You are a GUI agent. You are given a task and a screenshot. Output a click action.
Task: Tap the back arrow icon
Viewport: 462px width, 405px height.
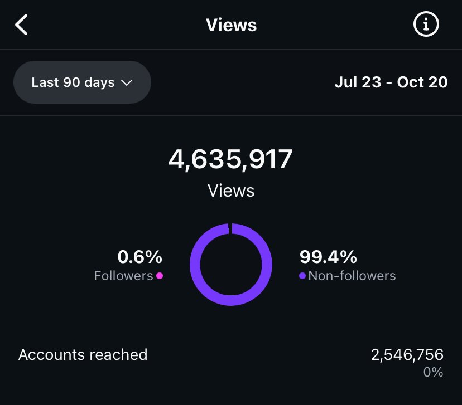pyautogui.click(x=21, y=25)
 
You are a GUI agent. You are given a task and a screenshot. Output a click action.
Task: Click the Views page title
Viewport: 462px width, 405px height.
pyautogui.click(x=231, y=25)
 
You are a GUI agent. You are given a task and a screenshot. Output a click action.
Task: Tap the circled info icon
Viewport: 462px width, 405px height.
pyautogui.click(x=426, y=25)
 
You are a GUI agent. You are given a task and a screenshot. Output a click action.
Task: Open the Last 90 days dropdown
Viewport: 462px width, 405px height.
pyautogui.click(x=81, y=82)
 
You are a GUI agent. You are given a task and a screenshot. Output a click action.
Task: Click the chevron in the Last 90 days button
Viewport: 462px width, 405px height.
pyautogui.click(x=127, y=83)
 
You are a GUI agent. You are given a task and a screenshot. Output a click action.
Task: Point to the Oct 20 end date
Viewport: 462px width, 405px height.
pyautogui.click(x=422, y=82)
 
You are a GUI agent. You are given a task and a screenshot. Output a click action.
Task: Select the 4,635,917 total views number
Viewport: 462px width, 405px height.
pyautogui.click(x=230, y=160)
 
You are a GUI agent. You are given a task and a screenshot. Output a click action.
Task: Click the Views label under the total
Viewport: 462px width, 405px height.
pyautogui.click(x=231, y=191)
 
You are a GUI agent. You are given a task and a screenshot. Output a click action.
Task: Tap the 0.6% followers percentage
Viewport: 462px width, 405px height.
pyautogui.click(x=139, y=257)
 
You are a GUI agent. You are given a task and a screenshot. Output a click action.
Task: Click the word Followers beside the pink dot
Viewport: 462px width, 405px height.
pyautogui.click(x=123, y=276)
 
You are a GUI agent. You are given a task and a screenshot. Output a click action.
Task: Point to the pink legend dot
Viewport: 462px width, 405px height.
pyautogui.click(x=160, y=276)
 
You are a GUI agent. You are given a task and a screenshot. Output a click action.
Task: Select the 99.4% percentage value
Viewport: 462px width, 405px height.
pyautogui.click(x=328, y=257)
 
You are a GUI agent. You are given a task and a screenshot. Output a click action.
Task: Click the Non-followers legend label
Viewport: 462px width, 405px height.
pyautogui.click(x=352, y=276)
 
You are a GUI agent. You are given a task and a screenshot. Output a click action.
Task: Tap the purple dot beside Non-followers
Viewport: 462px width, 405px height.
pyautogui.click(x=302, y=276)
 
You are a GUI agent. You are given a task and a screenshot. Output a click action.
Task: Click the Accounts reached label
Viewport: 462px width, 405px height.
pyautogui.click(x=83, y=355)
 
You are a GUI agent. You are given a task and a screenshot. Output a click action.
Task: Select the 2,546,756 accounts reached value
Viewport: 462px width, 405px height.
pyautogui.click(x=407, y=355)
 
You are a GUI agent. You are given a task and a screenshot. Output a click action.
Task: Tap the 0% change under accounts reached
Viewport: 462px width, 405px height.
pyautogui.click(x=433, y=372)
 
